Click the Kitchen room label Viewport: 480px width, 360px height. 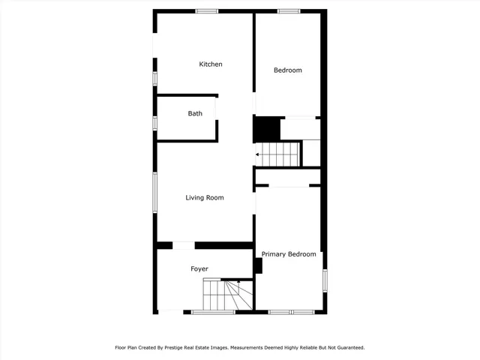[210, 64]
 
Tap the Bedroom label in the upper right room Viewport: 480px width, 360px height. [287, 70]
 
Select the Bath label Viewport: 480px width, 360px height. [195, 114]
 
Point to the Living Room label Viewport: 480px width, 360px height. [205, 198]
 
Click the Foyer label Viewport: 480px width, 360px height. [199, 268]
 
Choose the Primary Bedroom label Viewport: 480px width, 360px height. [289, 254]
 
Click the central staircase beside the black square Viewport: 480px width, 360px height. [280, 154]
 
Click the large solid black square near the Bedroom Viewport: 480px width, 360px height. [265, 129]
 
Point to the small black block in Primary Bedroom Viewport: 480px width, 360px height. [259, 265]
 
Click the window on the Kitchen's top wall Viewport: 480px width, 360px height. [206, 10]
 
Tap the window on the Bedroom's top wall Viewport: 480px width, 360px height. [289, 10]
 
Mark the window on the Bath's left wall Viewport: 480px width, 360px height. [154, 123]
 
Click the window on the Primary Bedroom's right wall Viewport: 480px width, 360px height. [325, 279]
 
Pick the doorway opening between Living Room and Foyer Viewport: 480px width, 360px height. [184, 244]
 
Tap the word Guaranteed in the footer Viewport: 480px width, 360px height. [346, 347]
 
